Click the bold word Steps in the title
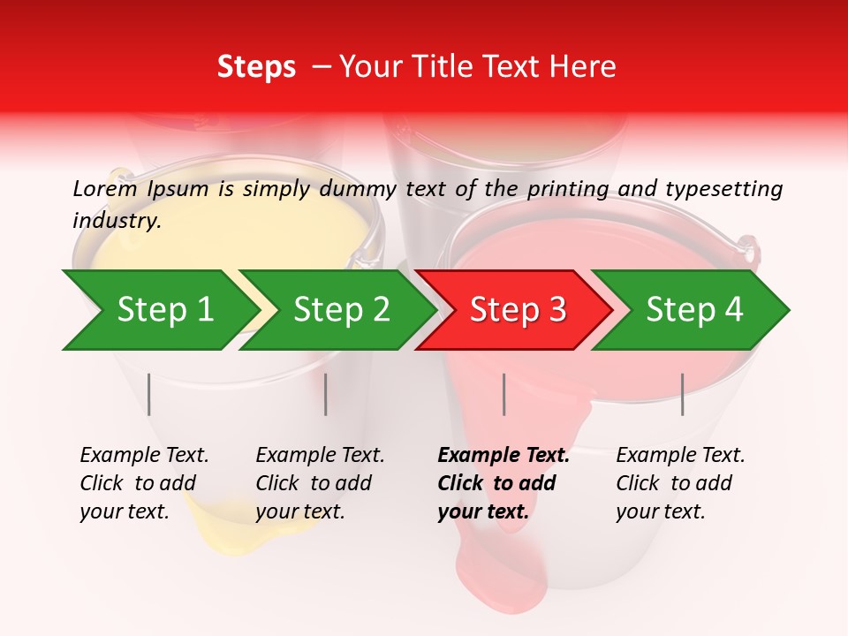click(x=256, y=67)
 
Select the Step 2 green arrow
click(x=341, y=310)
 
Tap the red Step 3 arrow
click(x=518, y=310)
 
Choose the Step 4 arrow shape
click(x=694, y=310)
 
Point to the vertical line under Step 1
click(x=149, y=394)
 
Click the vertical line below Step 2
click(x=326, y=394)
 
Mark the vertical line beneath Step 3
click(x=503, y=394)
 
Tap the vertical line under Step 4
click(x=682, y=394)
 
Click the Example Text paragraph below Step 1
click(x=144, y=483)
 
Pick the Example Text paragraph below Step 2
click(x=320, y=483)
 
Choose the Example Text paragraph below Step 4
click(x=680, y=483)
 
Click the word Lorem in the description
click(x=105, y=188)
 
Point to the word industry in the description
click(x=116, y=221)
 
